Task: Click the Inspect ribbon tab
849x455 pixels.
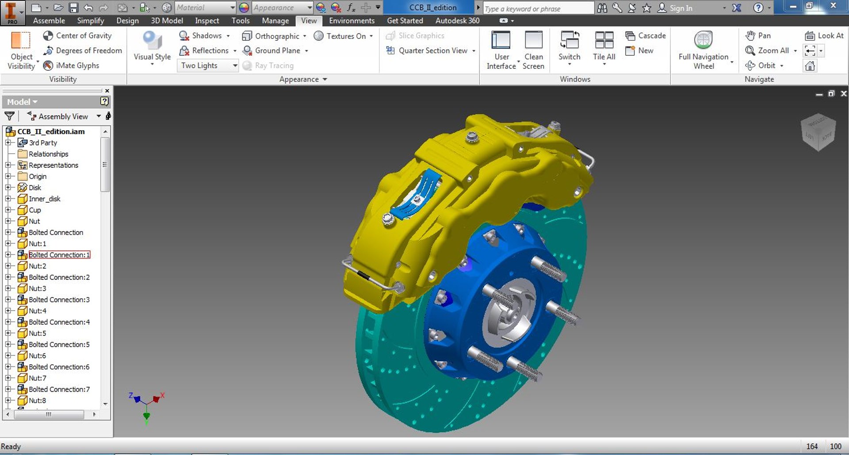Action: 207,21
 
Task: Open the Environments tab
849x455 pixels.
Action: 352,21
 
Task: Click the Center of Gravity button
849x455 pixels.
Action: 83,36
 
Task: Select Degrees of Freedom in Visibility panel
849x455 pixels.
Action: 88,51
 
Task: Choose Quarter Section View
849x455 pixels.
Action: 432,51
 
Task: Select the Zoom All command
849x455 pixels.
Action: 773,51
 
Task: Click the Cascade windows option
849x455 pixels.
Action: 651,36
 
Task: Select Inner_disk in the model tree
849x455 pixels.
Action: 44,199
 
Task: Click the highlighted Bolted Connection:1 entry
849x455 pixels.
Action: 59,255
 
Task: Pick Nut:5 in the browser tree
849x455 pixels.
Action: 37,333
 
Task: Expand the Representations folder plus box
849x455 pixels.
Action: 8,165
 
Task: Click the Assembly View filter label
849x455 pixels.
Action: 63,116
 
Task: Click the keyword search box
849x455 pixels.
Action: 538,8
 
